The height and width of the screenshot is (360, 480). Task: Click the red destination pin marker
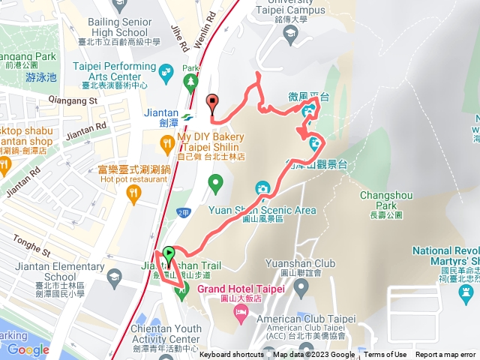tap(211, 103)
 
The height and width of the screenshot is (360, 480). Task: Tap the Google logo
tap(28, 349)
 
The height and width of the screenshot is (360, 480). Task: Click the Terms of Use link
tap(385, 355)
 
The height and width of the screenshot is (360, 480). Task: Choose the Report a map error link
tap(446, 355)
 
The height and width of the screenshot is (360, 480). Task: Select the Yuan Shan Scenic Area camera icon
tap(262, 187)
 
